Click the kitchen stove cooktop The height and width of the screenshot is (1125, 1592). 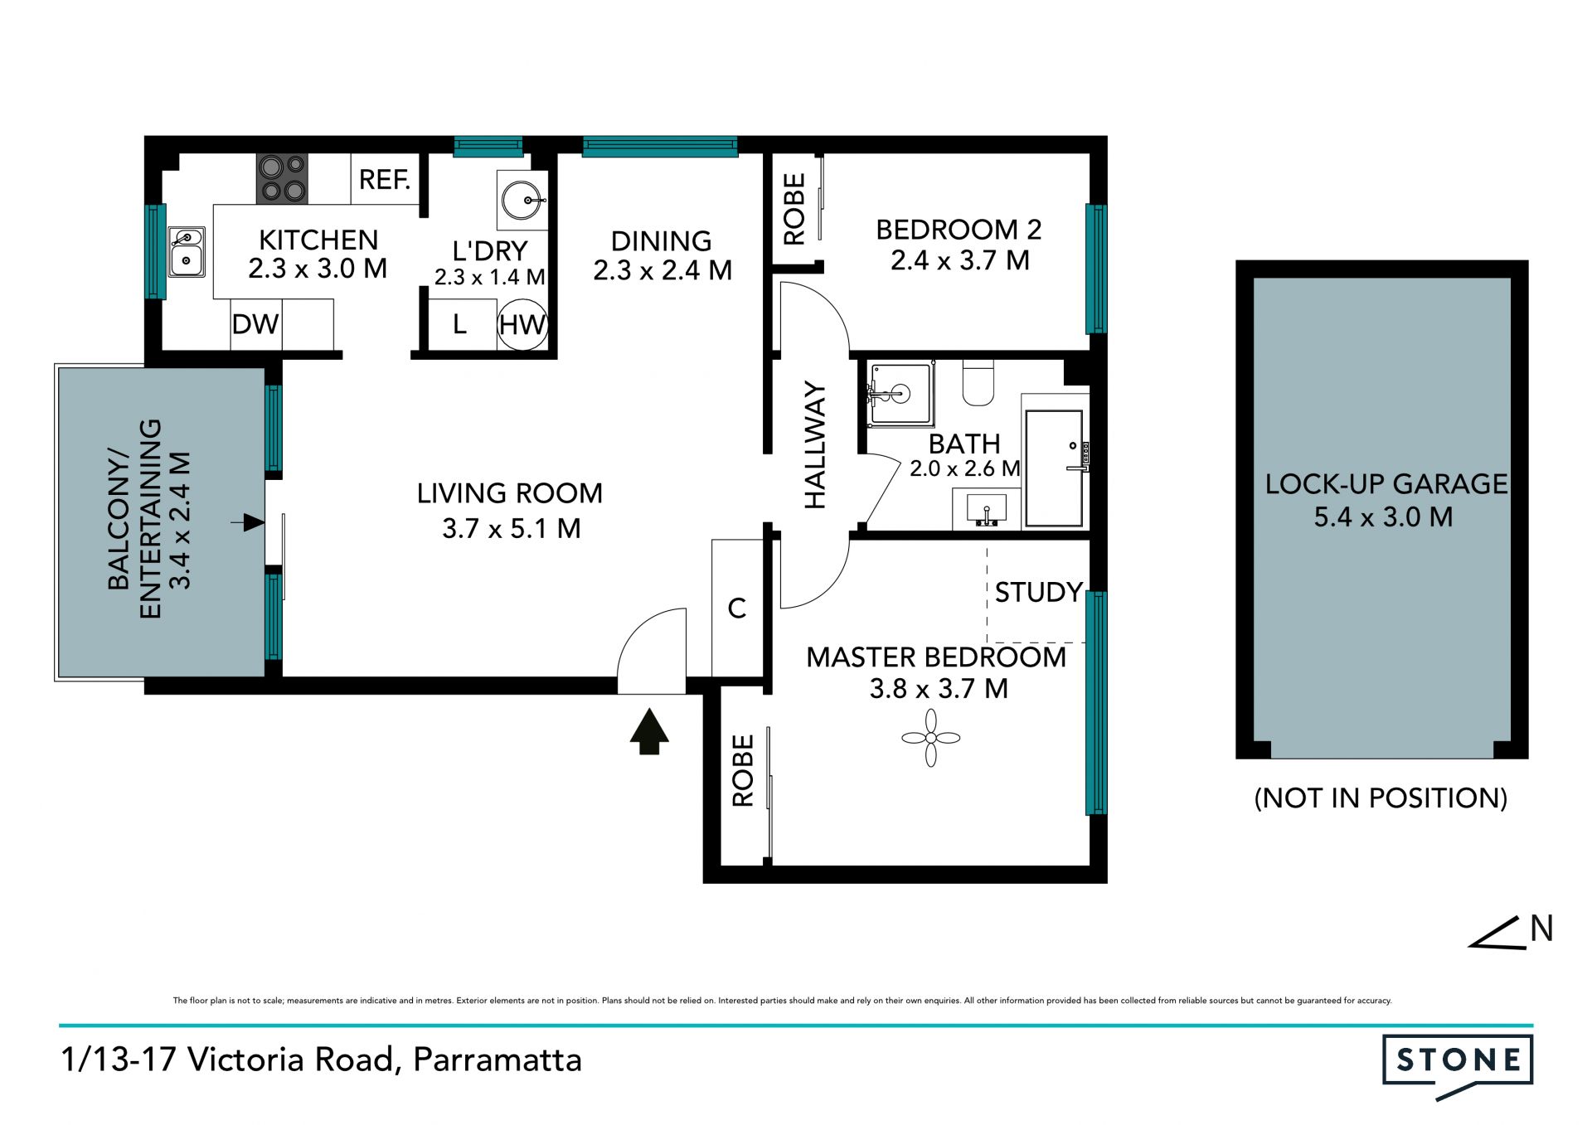[x=282, y=178]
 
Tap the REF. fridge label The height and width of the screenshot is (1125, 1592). [x=385, y=179]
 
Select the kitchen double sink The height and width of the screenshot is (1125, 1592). [x=187, y=251]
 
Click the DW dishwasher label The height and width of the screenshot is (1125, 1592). [x=255, y=324]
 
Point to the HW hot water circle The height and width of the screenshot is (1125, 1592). [x=522, y=324]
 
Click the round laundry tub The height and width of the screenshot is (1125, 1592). [x=523, y=200]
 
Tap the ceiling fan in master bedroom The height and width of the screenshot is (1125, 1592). [x=930, y=738]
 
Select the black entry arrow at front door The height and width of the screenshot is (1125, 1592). [x=649, y=731]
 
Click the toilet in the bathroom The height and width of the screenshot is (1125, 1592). [x=978, y=382]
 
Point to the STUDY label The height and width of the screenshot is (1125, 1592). [x=1039, y=592]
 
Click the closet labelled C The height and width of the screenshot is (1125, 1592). [x=737, y=608]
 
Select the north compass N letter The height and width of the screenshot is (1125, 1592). [x=1541, y=929]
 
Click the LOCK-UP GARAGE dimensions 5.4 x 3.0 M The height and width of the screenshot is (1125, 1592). [x=1383, y=517]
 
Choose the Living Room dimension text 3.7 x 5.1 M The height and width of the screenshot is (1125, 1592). [x=512, y=528]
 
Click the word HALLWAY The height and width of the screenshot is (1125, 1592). [x=816, y=445]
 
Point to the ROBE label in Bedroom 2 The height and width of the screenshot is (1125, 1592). [x=794, y=209]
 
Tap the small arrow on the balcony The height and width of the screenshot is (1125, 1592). [x=247, y=522]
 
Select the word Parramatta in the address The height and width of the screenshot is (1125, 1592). [x=498, y=1060]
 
